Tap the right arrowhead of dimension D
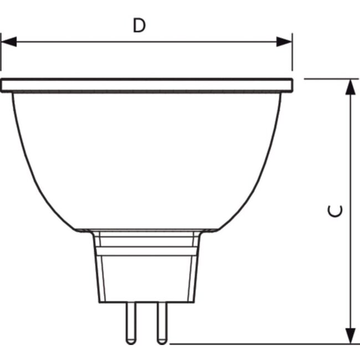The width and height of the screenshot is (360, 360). tap(285, 42)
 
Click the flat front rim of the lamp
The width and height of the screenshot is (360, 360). tap(146, 85)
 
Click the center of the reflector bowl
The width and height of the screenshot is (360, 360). tap(146, 158)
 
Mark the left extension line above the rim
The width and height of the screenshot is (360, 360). tap(1, 55)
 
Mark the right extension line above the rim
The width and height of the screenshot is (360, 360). tap(292, 55)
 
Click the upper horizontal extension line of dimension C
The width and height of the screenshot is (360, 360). tap(330, 79)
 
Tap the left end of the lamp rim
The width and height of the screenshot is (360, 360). tap(3, 85)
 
